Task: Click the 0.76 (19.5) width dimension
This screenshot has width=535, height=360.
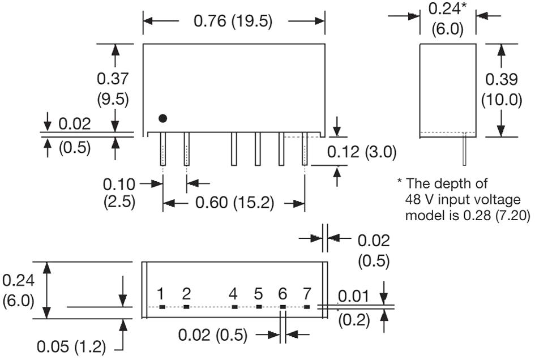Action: point(233,22)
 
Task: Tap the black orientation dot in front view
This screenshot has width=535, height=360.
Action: point(163,118)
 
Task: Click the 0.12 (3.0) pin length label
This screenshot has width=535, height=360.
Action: point(362,152)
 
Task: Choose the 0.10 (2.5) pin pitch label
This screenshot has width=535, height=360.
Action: point(119,192)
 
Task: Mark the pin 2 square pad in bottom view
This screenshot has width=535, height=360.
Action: point(186,307)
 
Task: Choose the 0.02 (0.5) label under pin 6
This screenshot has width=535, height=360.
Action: point(213,335)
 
